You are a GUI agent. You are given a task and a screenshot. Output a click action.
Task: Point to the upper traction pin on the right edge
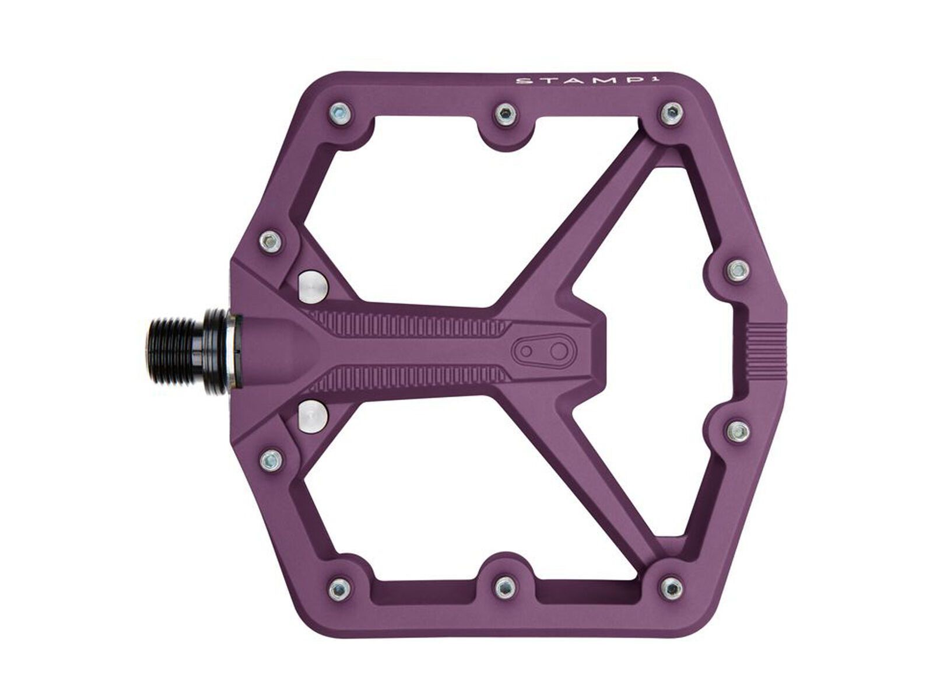pyautogui.click(x=736, y=269)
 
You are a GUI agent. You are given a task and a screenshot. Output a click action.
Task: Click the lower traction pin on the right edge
pyautogui.click(x=736, y=430)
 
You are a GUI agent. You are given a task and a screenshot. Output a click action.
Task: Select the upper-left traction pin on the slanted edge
pyautogui.click(x=270, y=239)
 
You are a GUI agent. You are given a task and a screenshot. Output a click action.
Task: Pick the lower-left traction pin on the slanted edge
pyautogui.click(x=270, y=459)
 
